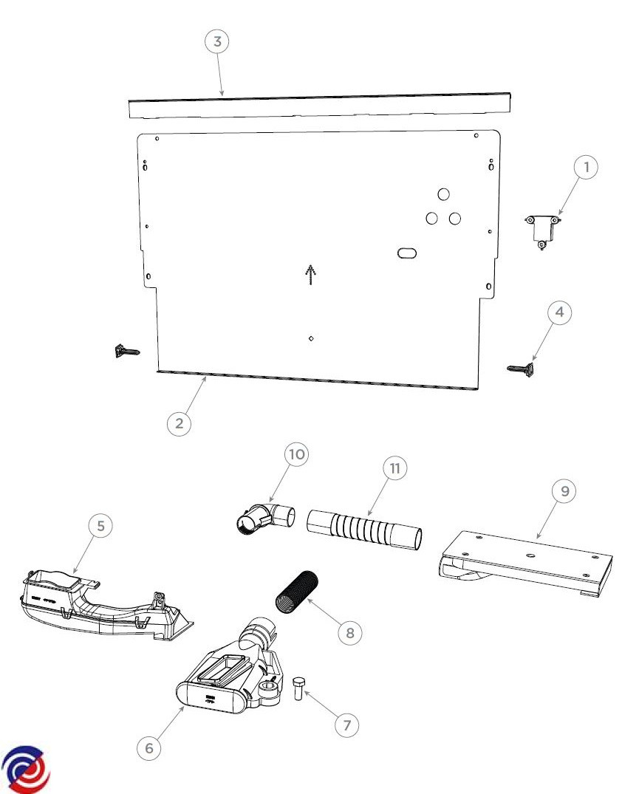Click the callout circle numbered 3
[217, 41]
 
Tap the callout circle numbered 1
[586, 167]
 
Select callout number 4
[559, 312]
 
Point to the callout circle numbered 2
[180, 422]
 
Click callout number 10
[296, 454]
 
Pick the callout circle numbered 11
[395, 468]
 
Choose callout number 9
[564, 490]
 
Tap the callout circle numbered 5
[100, 526]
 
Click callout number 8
[350, 632]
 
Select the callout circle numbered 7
[347, 725]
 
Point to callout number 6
[149, 748]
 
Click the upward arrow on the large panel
[310, 275]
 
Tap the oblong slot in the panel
[407, 253]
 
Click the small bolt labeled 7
[298, 688]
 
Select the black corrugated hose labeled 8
[297, 592]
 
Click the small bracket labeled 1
[541, 230]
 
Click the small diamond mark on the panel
[311, 338]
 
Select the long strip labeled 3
[319, 106]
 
